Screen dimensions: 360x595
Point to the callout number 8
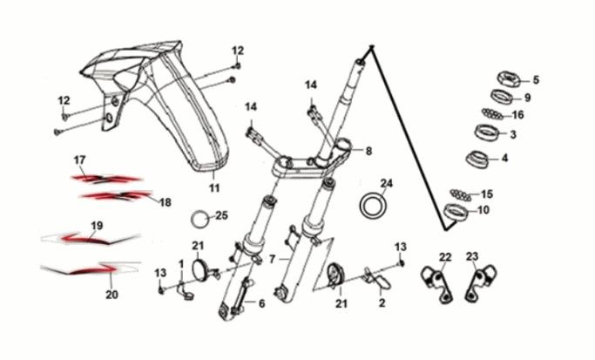click(368, 151)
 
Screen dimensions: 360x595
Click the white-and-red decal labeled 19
click(91, 238)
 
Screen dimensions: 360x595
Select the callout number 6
click(261, 303)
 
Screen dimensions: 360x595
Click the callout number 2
click(382, 303)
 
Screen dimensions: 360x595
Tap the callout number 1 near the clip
click(181, 262)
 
